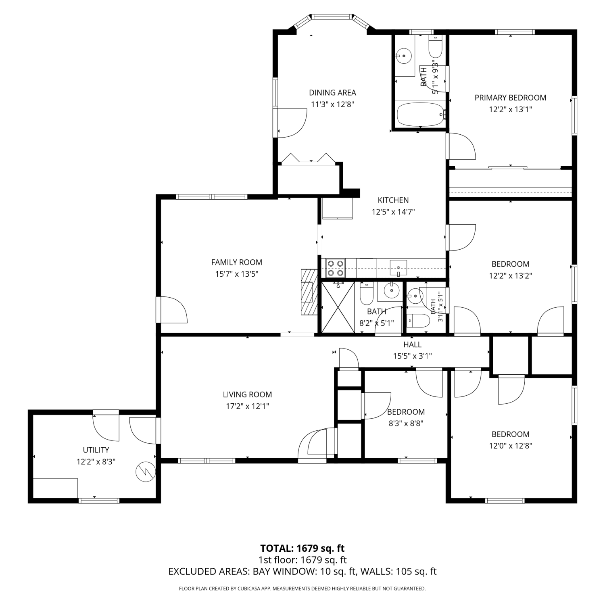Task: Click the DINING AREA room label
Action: click(332, 92)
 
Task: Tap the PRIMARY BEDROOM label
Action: click(510, 98)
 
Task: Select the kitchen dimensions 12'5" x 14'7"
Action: click(393, 212)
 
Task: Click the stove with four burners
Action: click(336, 268)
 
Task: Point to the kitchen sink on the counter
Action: click(398, 268)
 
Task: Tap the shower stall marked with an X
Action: click(338, 307)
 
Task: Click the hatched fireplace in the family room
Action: click(309, 291)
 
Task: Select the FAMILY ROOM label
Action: click(237, 262)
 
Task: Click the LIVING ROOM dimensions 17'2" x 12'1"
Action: click(247, 406)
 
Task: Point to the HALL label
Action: click(412, 344)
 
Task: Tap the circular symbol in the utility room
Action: click(146, 471)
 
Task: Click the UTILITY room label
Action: click(96, 450)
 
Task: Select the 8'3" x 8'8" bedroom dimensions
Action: click(406, 423)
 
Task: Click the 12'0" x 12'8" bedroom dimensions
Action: click(510, 446)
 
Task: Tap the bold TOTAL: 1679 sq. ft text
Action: click(302, 548)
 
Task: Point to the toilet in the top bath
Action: click(436, 47)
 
